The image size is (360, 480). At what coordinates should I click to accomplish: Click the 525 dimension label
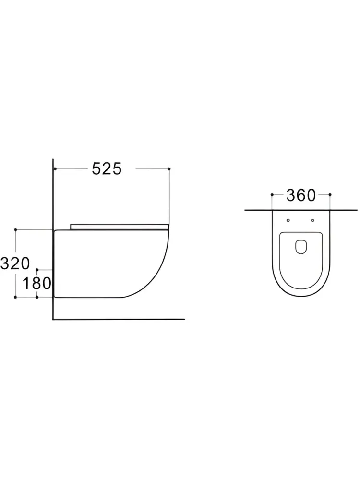click(x=107, y=168)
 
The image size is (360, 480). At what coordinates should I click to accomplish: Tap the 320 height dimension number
click(x=15, y=264)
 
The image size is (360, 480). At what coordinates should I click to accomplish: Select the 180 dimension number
click(x=37, y=284)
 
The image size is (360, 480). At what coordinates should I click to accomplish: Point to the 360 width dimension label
click(x=300, y=195)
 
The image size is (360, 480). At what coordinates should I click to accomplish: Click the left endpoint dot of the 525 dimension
click(x=55, y=168)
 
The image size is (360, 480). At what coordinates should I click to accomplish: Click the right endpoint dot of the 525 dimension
click(x=169, y=168)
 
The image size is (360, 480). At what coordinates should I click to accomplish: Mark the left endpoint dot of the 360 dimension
click(x=272, y=195)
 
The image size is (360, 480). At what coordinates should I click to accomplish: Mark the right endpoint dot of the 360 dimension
click(x=330, y=195)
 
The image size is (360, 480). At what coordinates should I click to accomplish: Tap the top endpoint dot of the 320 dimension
click(x=15, y=229)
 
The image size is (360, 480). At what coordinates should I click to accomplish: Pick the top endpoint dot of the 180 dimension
click(x=37, y=270)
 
